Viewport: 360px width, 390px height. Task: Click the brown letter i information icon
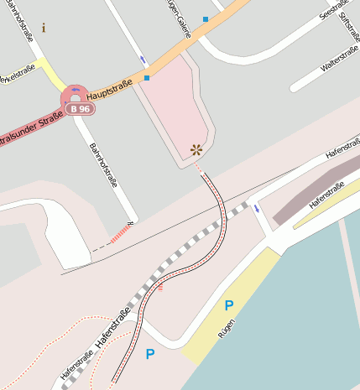pyautogui.click(x=44, y=28)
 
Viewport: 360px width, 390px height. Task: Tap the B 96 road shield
pyautogui.click(x=80, y=109)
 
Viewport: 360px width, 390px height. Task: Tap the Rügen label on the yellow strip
pyautogui.click(x=226, y=330)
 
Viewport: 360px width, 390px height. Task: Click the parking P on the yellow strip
pyautogui.click(x=228, y=306)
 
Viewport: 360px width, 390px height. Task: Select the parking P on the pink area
pyautogui.click(x=150, y=354)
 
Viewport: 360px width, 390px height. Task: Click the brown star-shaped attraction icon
pyautogui.click(x=196, y=149)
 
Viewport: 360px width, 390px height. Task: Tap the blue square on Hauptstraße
pyautogui.click(x=147, y=78)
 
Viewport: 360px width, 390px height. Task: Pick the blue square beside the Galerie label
pyautogui.click(x=206, y=18)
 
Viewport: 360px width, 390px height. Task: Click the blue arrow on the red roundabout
pyautogui.click(x=76, y=90)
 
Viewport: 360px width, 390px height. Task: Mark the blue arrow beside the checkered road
pyautogui.click(x=255, y=206)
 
